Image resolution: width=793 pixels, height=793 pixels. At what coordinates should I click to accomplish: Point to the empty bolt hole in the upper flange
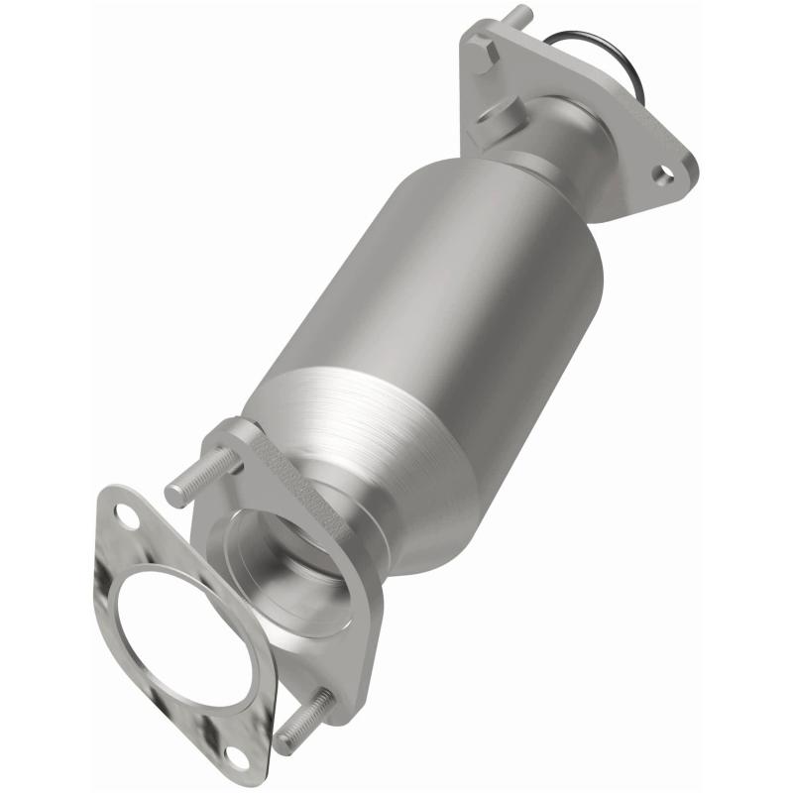665,174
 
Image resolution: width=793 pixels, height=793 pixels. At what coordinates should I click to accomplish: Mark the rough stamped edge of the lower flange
297,476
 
